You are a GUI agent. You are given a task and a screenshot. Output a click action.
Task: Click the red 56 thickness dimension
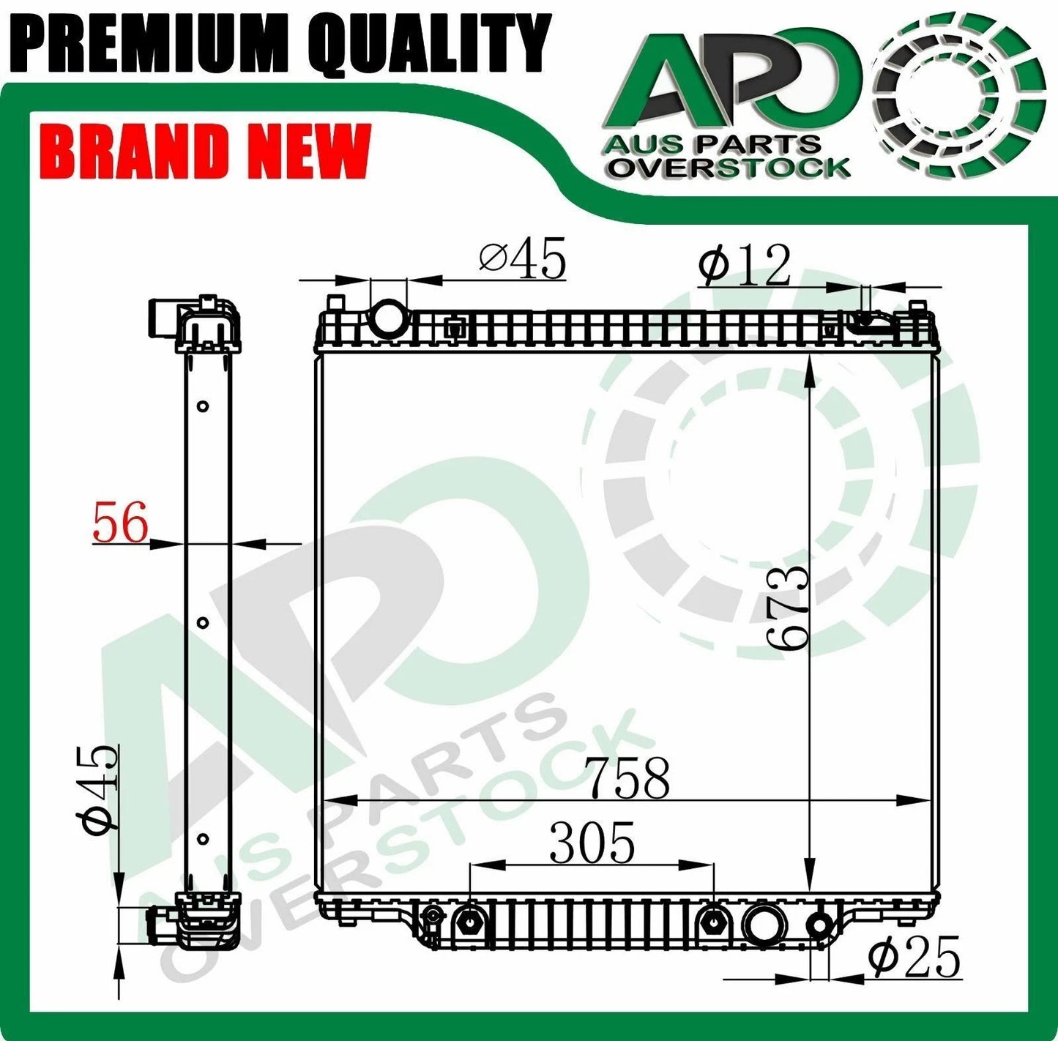[120, 523]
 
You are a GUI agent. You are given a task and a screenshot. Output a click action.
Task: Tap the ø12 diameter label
[745, 265]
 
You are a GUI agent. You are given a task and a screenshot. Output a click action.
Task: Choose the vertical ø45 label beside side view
[101, 791]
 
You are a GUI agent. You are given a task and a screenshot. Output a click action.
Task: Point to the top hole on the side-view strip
[204, 406]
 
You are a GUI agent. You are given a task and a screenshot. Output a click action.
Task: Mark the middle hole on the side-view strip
[204, 622]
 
